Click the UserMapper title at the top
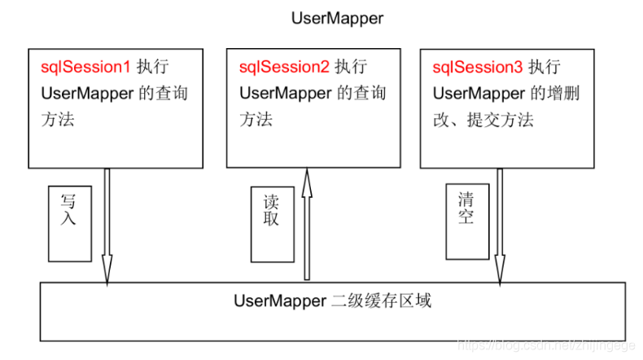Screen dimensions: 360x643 [x=337, y=19]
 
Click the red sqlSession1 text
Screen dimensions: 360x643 [x=85, y=66]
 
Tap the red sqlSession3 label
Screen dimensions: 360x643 [x=477, y=66]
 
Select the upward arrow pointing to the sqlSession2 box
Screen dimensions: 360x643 [x=307, y=228]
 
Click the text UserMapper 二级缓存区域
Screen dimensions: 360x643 [x=332, y=301]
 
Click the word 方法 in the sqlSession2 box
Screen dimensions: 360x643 [x=256, y=120]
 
